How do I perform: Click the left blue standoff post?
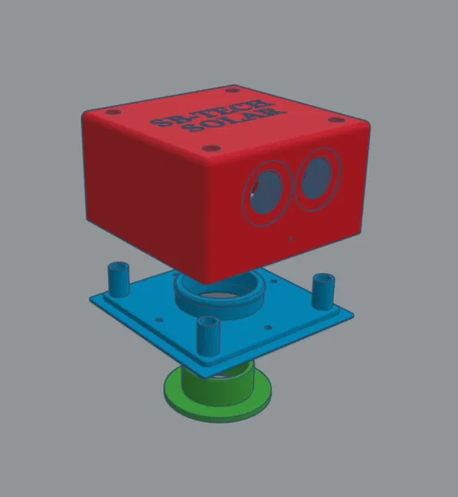click(118, 278)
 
